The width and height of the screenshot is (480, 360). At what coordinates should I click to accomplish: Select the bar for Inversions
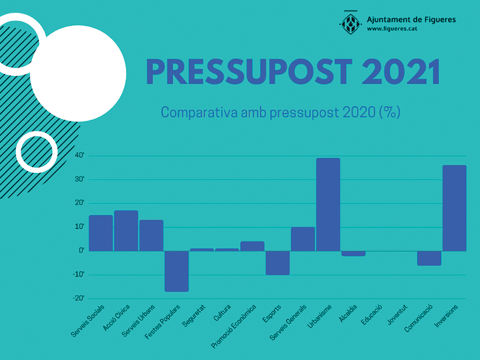[454, 208]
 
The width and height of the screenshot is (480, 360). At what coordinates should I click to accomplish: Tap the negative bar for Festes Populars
[177, 271]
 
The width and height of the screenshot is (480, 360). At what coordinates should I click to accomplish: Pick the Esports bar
[277, 263]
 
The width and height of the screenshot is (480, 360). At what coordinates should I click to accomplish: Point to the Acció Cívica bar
[126, 231]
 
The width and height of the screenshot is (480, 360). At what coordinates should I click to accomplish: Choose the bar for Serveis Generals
[303, 239]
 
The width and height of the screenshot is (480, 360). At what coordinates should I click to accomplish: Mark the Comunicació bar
[429, 258]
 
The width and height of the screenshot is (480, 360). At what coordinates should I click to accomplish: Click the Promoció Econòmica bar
[252, 246]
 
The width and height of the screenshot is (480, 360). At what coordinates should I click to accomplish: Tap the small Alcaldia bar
[354, 253]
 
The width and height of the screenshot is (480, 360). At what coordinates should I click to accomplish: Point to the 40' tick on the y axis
[79, 156]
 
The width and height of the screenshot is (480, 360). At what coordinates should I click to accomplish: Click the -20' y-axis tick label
[78, 298]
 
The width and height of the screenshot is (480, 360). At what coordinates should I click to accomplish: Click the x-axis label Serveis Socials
[88, 320]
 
